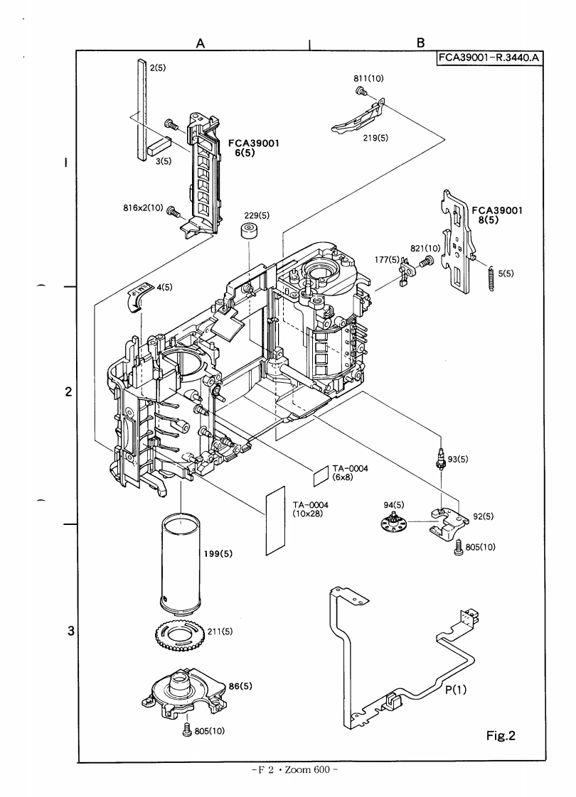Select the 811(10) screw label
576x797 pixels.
pos(369,79)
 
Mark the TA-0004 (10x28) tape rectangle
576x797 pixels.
pos(274,520)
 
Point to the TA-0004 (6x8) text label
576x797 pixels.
pos(347,472)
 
